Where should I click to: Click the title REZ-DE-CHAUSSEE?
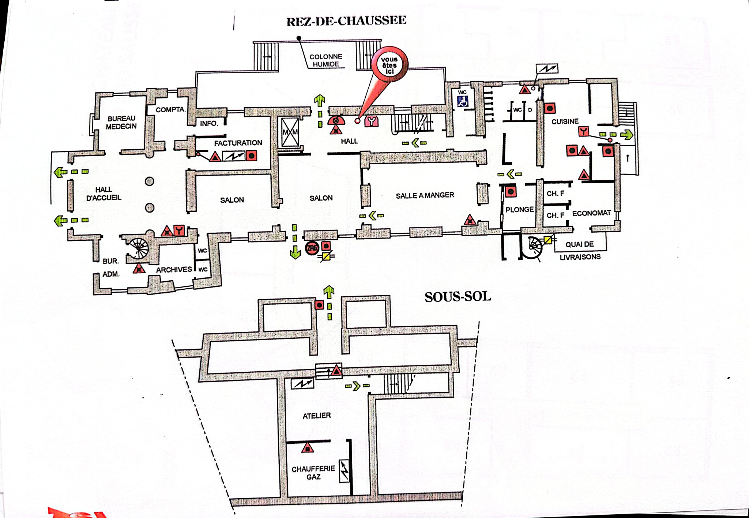346,21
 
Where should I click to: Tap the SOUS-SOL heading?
458,297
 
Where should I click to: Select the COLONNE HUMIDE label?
325,60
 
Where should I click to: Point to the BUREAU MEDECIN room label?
121,122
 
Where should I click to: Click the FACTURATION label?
238,143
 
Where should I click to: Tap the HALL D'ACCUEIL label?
103,194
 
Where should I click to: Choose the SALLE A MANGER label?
425,195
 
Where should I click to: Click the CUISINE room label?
565,121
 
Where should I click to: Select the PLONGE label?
520,210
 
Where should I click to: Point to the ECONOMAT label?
592,213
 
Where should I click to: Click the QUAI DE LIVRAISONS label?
580,251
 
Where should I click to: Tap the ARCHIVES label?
174,270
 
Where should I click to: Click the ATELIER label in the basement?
317,416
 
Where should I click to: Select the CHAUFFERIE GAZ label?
313,473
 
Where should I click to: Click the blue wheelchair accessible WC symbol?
463,101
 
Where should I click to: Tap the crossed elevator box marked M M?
290,132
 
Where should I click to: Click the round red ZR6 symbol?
312,248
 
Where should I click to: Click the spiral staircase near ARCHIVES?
139,248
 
